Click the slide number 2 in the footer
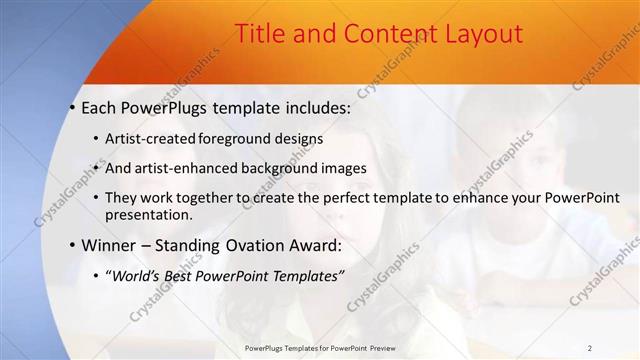click(x=590, y=348)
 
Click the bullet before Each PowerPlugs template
click(x=73, y=106)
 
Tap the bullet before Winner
click(x=73, y=245)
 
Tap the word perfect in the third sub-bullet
click(x=368, y=198)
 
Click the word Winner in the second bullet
click(x=111, y=245)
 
